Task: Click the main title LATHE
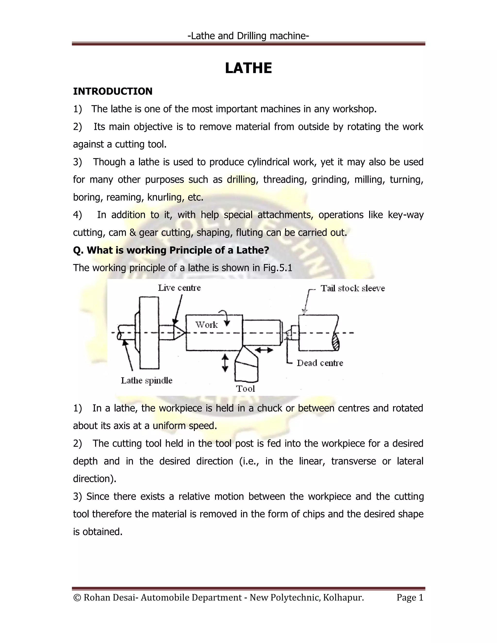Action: pyautogui.click(x=248, y=68)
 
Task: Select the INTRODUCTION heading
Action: pyautogui.click(x=113, y=91)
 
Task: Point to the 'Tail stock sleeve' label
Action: pyautogui.click(x=352, y=288)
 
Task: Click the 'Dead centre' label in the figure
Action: pyautogui.click(x=320, y=363)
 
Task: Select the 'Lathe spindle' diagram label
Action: pyautogui.click(x=147, y=380)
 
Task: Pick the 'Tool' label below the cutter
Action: pyautogui.click(x=245, y=389)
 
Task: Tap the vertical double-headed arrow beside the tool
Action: pyautogui.click(x=225, y=363)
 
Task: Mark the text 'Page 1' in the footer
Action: pyautogui.click(x=410, y=597)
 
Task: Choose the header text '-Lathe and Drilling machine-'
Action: pyautogui.click(x=248, y=36)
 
